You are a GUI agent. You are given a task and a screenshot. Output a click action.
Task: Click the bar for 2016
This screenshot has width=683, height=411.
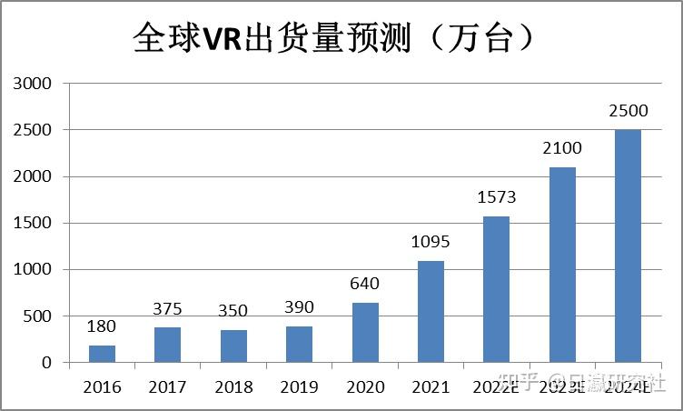[102, 354]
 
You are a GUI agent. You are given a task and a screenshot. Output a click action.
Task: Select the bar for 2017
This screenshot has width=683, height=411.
[167, 345]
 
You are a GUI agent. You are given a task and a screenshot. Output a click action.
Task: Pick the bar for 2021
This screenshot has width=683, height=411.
[431, 311]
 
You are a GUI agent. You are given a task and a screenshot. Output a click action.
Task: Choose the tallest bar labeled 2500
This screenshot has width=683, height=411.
[628, 246]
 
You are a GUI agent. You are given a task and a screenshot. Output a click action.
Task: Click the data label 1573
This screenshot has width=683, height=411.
[496, 196]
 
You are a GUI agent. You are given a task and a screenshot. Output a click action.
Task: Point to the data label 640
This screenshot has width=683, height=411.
[364, 283]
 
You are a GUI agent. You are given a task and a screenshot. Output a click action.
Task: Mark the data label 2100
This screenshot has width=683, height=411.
[561, 147]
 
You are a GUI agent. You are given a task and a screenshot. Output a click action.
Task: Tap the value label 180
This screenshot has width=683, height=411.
[102, 326]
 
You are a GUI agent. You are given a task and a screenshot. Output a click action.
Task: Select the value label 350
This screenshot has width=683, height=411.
[233, 310]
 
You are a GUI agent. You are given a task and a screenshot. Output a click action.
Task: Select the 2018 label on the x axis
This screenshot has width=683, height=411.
[233, 386]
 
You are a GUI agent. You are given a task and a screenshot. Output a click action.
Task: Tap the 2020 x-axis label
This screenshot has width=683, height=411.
[365, 386]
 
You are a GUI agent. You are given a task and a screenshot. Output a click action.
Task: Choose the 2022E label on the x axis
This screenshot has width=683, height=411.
[496, 386]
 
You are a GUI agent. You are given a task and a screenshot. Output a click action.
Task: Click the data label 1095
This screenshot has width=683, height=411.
[430, 241]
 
